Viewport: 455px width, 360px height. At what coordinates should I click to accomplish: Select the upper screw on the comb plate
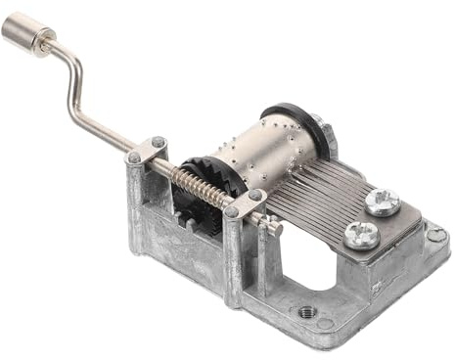click(x=382, y=202)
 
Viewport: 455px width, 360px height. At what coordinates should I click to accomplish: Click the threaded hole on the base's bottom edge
click(x=306, y=312)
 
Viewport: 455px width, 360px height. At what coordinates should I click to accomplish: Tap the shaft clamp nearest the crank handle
click(x=146, y=152)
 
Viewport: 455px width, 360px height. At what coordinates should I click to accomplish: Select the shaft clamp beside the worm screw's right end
click(x=244, y=203)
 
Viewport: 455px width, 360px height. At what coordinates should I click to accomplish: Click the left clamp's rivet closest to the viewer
click(x=133, y=157)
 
